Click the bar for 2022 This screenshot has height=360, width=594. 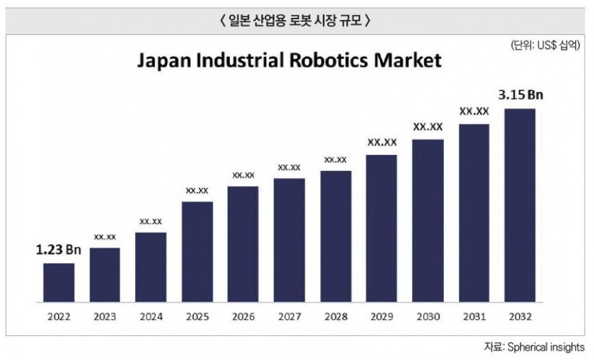(58, 282)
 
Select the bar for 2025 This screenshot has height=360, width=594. (197, 252)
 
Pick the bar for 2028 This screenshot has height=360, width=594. (335, 236)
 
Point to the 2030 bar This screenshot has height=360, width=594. (428, 221)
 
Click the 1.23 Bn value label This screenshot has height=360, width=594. (59, 250)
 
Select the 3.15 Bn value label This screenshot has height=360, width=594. (521, 95)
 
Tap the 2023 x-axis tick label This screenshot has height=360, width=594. (105, 317)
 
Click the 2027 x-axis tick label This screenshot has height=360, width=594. (289, 317)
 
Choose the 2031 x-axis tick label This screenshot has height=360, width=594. (474, 317)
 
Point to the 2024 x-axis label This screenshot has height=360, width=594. (151, 317)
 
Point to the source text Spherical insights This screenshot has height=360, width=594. (546, 347)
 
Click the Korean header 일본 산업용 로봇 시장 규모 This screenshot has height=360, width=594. (297, 21)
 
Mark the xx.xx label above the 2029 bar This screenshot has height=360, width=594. (382, 142)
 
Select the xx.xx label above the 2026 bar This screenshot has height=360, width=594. (243, 175)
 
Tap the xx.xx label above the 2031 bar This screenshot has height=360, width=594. (474, 111)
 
